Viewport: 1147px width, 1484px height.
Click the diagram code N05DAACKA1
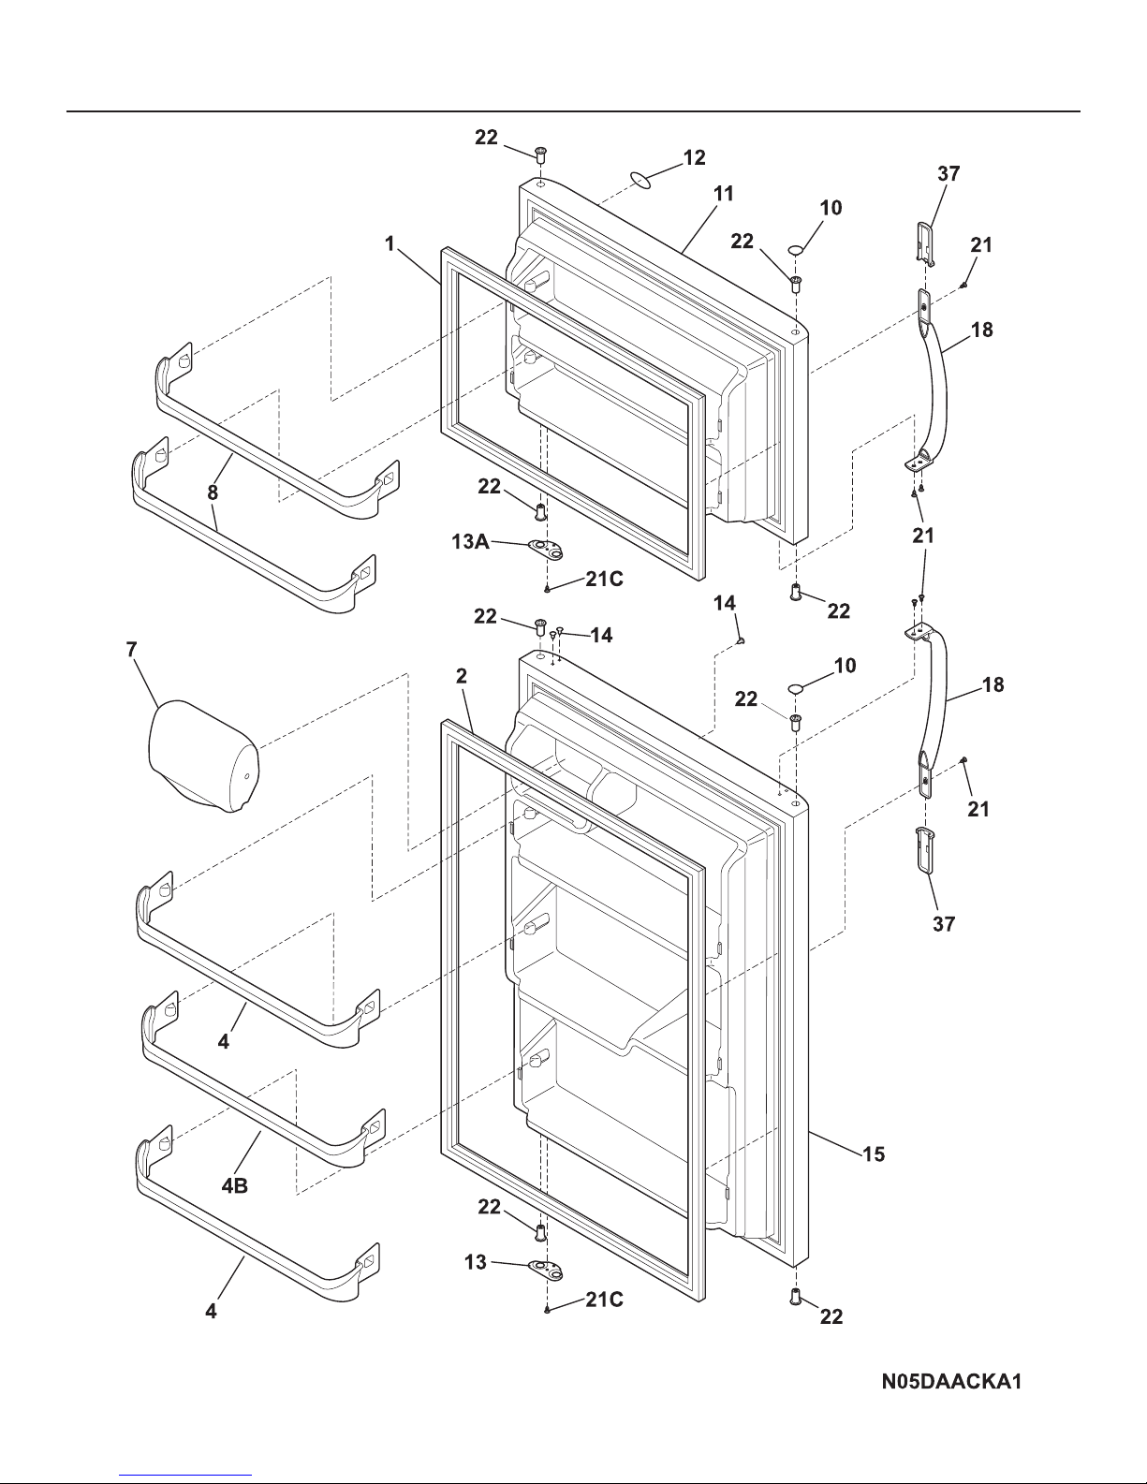point(951,1382)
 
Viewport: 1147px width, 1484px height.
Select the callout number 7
point(132,649)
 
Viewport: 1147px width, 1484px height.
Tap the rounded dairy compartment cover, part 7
point(203,756)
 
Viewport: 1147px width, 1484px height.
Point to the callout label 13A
point(470,541)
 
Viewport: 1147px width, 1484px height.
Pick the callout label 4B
point(234,1185)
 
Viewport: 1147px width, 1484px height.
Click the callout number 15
point(874,1154)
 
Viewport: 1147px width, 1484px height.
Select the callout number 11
point(724,194)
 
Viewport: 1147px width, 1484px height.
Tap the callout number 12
point(695,157)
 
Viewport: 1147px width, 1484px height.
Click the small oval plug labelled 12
point(640,179)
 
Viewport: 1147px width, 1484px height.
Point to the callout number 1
point(390,243)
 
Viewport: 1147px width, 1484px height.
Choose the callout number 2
point(462,676)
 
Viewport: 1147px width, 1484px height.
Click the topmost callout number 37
point(948,173)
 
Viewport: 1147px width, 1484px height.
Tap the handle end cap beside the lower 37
point(925,850)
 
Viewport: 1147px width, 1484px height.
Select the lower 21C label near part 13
point(604,1299)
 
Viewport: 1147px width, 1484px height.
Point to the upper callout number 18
point(982,330)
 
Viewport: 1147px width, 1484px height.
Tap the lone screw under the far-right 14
point(742,640)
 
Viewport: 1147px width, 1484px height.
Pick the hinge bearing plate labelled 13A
point(546,547)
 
